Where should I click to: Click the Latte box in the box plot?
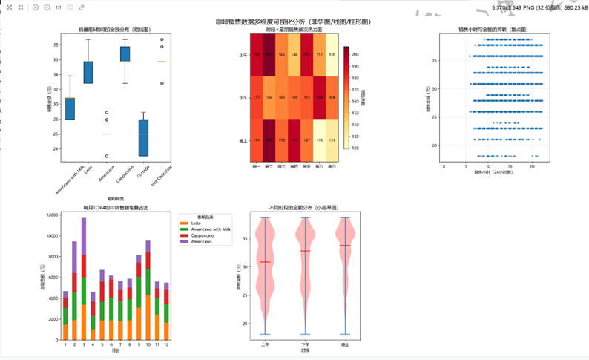88,72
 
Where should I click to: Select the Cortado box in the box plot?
143,137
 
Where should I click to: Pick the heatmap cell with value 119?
320,140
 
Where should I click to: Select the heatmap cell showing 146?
294,55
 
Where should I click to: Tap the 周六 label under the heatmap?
320,167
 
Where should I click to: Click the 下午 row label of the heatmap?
244,97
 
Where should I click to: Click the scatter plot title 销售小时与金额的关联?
493,29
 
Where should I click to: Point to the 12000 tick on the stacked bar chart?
53,215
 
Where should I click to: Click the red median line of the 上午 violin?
266,262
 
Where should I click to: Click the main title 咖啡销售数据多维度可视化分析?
295,22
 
